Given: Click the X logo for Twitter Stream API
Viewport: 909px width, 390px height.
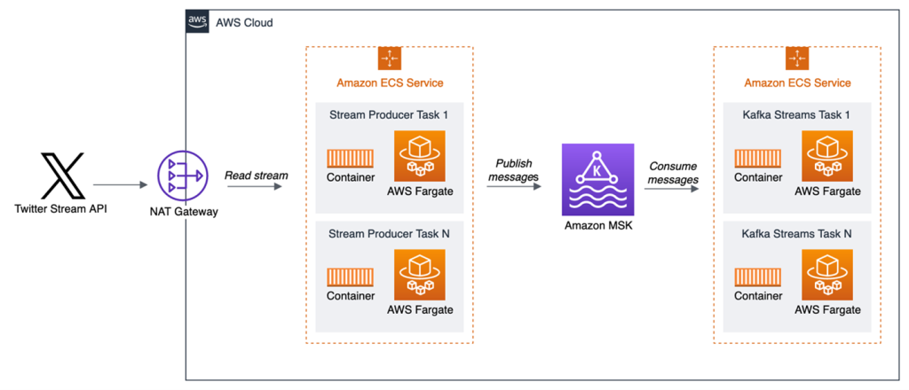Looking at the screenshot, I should (x=62, y=175).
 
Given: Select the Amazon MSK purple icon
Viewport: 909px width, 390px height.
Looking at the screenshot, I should (x=592, y=182).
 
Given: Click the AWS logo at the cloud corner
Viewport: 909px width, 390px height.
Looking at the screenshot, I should (x=198, y=22).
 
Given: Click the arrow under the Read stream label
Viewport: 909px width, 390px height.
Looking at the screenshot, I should (x=256, y=186).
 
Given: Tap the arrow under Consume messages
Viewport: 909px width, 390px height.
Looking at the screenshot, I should (x=673, y=186).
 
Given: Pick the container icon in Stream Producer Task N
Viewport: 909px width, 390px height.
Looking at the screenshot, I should (x=350, y=277).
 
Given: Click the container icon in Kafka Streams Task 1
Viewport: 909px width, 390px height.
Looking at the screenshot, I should (x=757, y=158).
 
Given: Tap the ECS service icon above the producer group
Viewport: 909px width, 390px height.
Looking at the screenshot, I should (x=390, y=58).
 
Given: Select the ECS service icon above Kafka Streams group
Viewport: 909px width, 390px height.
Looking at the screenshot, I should (x=797, y=58).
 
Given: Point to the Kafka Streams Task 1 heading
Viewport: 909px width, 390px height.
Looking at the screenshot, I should (x=796, y=115).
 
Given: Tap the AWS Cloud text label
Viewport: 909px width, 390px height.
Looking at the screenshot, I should (x=244, y=22).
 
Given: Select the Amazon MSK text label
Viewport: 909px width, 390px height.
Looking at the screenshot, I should (x=593, y=226).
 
